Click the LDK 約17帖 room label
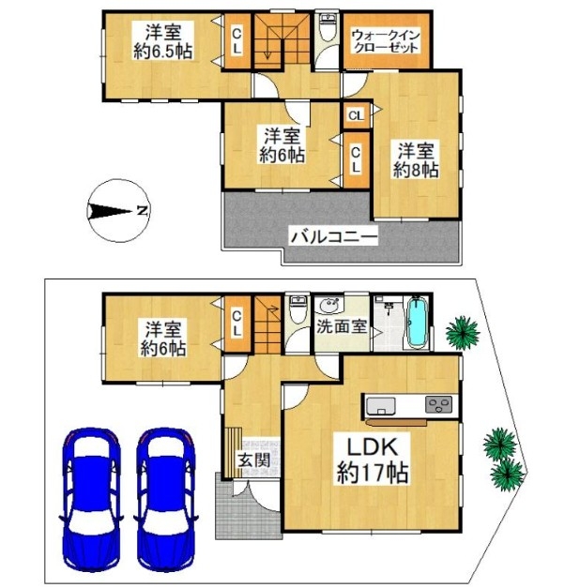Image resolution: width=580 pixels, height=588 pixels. (x=372, y=460)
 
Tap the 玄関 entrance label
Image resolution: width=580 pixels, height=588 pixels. (x=254, y=460)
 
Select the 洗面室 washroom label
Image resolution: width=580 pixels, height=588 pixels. (x=342, y=326)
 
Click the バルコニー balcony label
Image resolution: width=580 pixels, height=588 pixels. (x=333, y=237)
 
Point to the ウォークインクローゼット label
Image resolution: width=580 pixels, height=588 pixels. (x=386, y=41)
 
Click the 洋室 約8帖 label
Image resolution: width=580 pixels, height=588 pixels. (x=416, y=160)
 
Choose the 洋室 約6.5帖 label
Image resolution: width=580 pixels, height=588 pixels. (x=163, y=41)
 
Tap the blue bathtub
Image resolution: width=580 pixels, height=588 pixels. (x=417, y=322)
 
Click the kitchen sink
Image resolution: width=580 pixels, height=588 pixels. (x=381, y=406)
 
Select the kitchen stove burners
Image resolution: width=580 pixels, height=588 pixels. (x=438, y=404)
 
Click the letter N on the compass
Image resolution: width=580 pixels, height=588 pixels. (x=142, y=211)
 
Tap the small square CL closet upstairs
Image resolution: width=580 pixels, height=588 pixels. (x=356, y=115)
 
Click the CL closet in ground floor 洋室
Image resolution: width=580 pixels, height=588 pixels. (x=237, y=324)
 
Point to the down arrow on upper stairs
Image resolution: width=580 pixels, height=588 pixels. (x=267, y=50)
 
